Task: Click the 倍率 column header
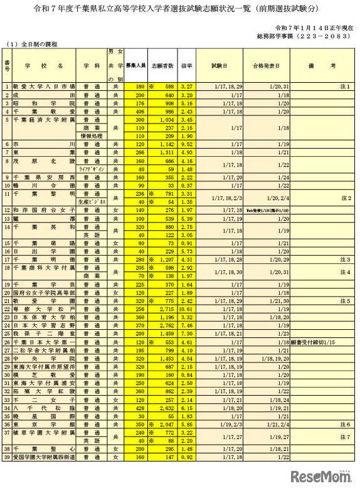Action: pyautogui.click(x=186, y=65)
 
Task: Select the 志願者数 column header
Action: pyautogui.click(x=165, y=65)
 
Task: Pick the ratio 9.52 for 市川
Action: pyautogui.click(x=187, y=144)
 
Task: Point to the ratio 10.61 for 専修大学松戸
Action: pyautogui.click(x=186, y=309)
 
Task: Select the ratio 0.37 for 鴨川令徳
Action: pyautogui.click(x=187, y=185)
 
